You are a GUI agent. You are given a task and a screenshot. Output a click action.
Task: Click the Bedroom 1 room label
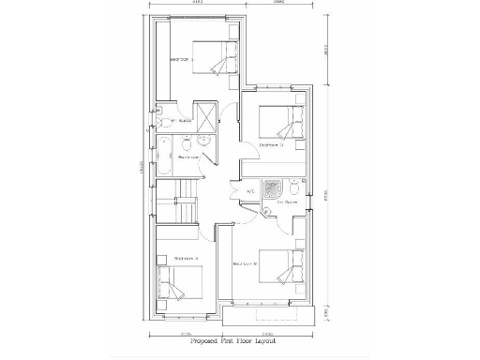point(180,59)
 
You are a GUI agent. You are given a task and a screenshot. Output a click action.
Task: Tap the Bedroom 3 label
point(271,145)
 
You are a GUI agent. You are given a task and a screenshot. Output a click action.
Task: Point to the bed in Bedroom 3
point(281,122)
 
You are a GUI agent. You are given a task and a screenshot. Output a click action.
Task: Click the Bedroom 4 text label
point(184,258)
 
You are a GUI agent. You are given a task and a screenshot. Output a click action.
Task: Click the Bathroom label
point(189,157)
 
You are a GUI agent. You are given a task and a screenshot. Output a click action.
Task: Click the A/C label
point(250,192)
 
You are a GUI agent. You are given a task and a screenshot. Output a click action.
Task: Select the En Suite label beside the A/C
point(287,202)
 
